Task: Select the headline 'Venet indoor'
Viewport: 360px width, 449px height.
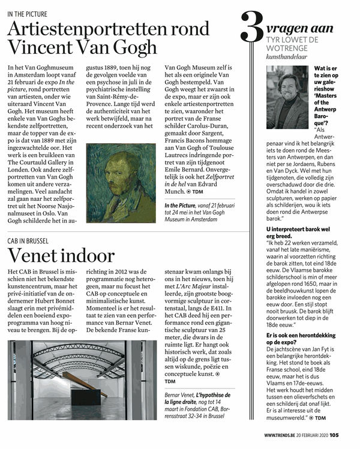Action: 61,256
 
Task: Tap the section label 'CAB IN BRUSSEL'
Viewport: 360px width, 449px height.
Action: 28,241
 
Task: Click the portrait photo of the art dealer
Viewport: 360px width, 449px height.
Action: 289,97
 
